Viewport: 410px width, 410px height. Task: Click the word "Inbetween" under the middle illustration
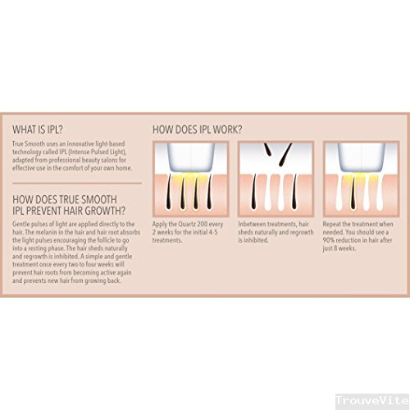tap(251, 224)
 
